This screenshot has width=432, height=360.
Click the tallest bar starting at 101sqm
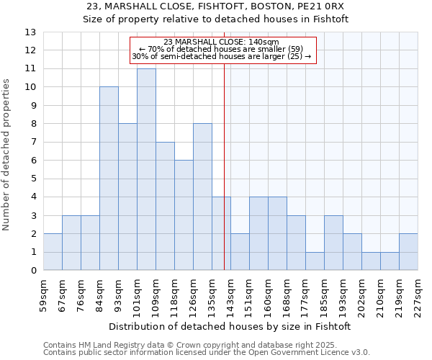[146, 169]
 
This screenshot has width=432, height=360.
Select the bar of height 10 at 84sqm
[109, 179]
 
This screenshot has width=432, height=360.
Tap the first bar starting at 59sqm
[53, 252]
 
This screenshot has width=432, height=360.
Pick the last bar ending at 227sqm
[408, 252]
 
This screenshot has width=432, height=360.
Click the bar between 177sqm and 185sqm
[315, 261]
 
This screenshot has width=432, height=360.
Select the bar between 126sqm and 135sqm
[202, 197]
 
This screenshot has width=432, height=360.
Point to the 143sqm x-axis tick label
[231, 294]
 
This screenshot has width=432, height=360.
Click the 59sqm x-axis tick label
[44, 294]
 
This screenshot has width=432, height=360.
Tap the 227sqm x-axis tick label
[418, 294]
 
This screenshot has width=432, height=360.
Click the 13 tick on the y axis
[30, 32]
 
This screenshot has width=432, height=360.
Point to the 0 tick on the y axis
[33, 271]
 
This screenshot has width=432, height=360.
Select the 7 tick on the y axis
[33, 143]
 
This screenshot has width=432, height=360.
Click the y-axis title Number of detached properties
[7, 151]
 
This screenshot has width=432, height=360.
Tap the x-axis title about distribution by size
[230, 326]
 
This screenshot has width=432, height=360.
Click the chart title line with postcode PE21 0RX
[215, 6]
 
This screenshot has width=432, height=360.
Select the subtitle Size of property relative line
[215, 19]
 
